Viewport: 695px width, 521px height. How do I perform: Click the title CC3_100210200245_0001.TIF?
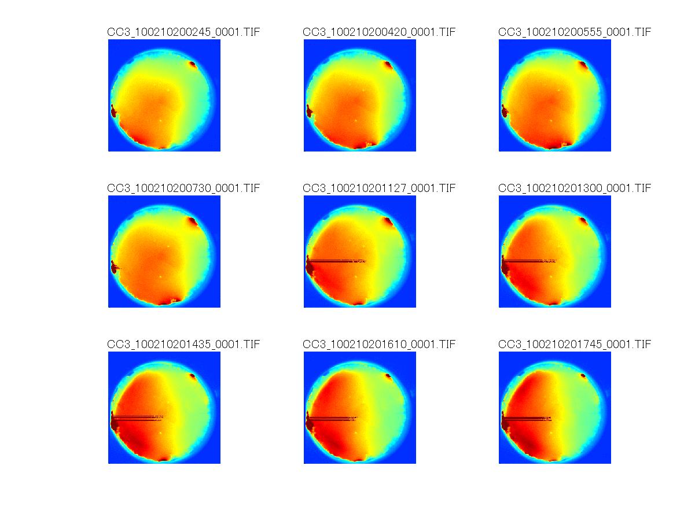click(x=183, y=32)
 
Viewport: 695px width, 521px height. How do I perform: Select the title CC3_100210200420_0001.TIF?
click(x=379, y=32)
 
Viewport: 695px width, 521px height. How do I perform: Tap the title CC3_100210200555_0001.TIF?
click(x=575, y=32)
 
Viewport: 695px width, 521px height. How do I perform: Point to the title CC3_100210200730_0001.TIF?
click(x=183, y=188)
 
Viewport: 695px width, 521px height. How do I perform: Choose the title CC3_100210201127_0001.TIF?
click(x=379, y=188)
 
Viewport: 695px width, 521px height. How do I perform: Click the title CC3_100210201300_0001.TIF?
click(x=575, y=188)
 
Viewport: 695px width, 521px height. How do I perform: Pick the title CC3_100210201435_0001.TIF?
click(x=183, y=344)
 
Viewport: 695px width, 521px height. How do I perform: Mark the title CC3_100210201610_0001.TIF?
click(x=379, y=344)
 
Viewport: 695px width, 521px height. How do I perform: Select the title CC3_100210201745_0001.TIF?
click(x=575, y=344)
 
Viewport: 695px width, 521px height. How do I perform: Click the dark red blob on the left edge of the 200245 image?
click(x=113, y=110)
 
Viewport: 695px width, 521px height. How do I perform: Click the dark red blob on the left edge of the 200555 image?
click(x=505, y=110)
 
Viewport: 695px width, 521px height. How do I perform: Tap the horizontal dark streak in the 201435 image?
click(x=139, y=417)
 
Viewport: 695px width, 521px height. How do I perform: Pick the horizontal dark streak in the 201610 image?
click(x=334, y=417)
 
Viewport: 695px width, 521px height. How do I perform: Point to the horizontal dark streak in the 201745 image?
click(x=529, y=417)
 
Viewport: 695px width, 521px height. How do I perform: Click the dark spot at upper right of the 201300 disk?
click(x=583, y=221)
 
